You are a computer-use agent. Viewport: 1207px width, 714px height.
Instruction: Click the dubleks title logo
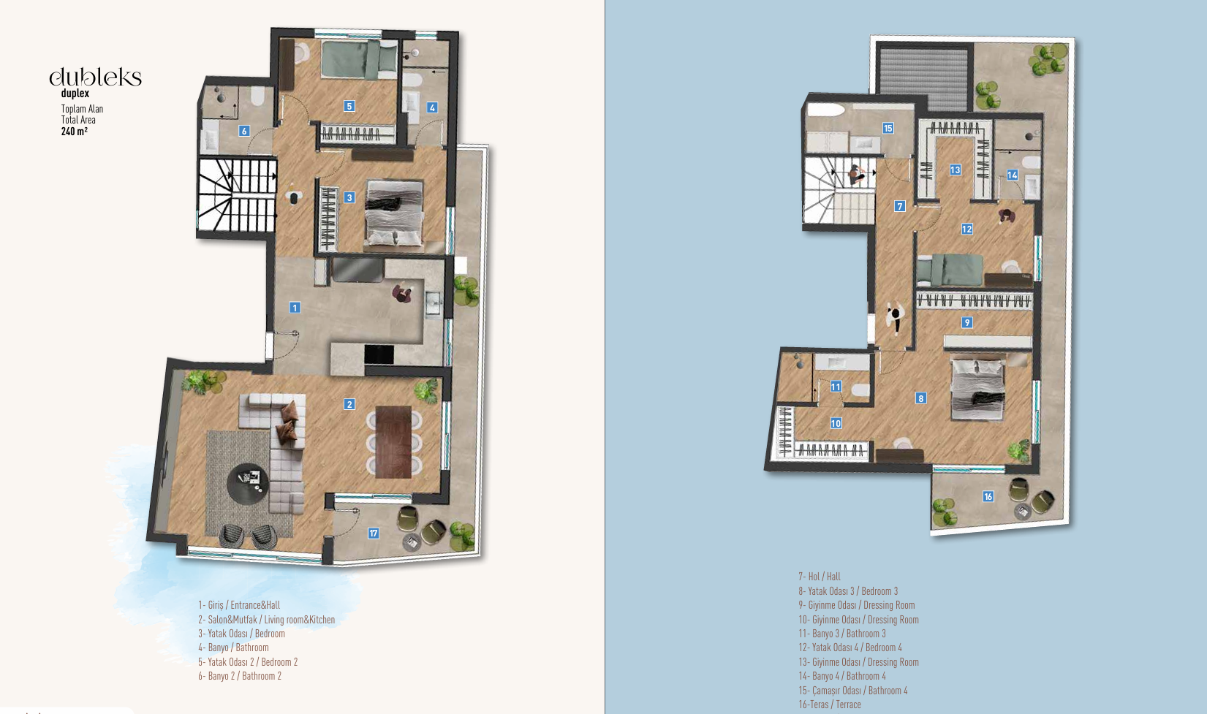coord(95,77)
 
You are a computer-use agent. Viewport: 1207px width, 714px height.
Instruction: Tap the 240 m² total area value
coord(75,132)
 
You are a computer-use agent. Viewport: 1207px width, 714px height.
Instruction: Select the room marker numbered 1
coord(295,308)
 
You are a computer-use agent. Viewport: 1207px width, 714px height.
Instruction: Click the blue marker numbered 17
coord(374,533)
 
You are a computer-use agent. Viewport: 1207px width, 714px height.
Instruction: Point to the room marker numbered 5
coord(349,106)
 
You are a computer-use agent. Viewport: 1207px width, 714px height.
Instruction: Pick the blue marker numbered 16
coord(988,497)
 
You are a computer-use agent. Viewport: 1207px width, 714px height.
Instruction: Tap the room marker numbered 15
coord(888,129)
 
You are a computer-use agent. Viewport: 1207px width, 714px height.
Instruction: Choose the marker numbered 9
coord(967,322)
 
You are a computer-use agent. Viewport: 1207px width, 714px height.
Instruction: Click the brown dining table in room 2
coord(394,441)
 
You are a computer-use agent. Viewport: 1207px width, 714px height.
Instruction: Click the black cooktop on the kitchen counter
coord(379,354)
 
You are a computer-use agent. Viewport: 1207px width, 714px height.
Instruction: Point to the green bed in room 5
coord(350,60)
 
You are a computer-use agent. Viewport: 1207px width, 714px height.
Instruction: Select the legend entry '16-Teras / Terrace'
coord(830,704)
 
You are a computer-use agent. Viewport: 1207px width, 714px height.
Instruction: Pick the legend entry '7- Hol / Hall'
coord(820,577)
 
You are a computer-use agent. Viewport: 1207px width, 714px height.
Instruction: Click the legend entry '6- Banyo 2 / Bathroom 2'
coord(240,676)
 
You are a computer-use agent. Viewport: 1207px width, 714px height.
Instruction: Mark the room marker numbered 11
coord(836,387)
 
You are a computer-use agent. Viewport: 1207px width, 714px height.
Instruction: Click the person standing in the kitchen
coord(401,293)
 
